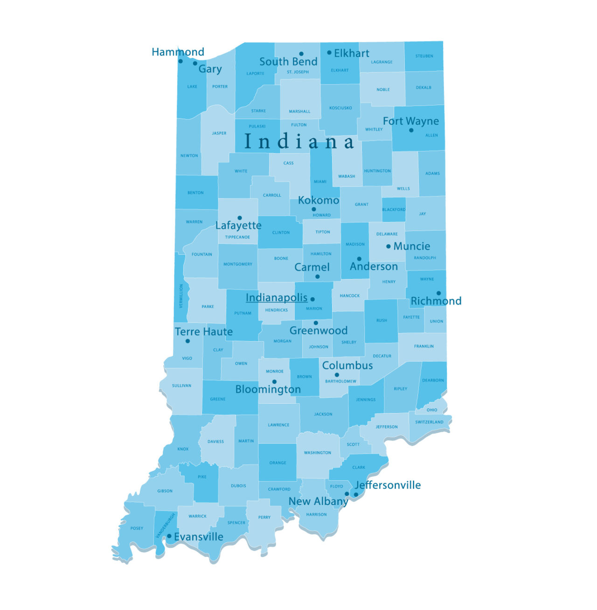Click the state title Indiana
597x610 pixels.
[299, 141]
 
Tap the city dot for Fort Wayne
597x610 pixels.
[411, 130]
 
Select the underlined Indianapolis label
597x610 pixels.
[277, 298]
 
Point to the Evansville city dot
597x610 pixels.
[169, 536]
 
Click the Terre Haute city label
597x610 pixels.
[203, 332]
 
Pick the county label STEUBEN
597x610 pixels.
[424, 56]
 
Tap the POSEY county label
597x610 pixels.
[137, 528]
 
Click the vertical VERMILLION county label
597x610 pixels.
[181, 296]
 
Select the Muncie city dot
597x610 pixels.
[388, 246]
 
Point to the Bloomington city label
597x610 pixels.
[268, 389]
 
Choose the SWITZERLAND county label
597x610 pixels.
[429, 422]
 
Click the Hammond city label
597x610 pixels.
[178, 52]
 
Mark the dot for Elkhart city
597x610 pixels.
[329, 53]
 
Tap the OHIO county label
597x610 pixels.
[432, 410]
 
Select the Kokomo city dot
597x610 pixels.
[313, 210]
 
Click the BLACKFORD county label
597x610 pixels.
[394, 210]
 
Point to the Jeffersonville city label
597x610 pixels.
[388, 485]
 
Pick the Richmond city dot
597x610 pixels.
[438, 294]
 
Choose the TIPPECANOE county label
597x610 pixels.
[237, 237]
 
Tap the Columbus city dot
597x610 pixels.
[337, 375]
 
